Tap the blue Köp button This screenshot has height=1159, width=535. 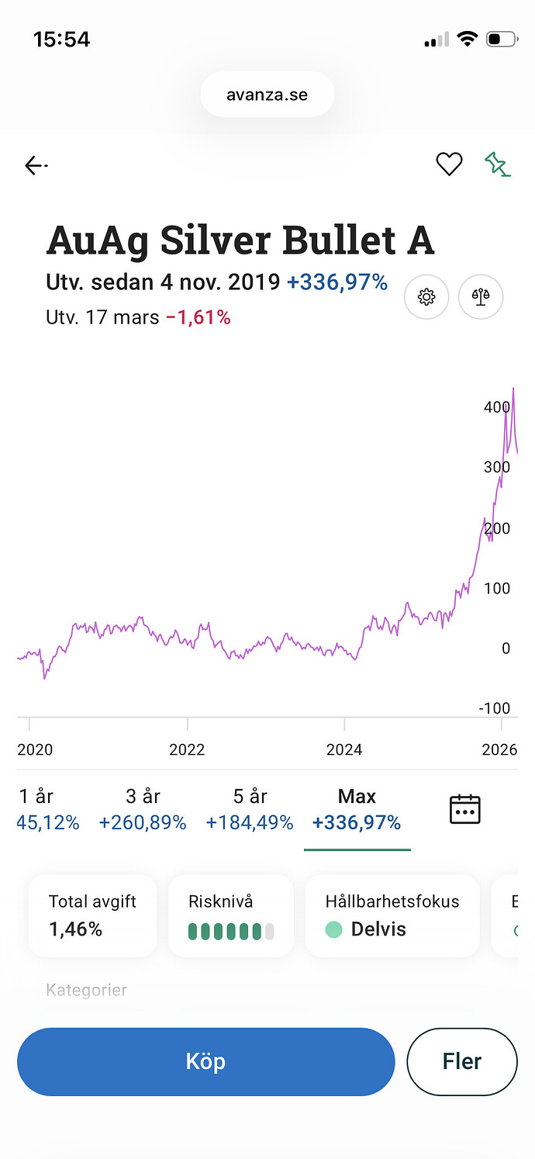coord(205,1061)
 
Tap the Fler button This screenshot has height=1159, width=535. coord(461,1061)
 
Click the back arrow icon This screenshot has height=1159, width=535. coord(36,165)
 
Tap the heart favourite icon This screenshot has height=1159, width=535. coord(449,164)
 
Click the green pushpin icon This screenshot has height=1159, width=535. coord(497,164)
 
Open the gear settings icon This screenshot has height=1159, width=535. coord(426,297)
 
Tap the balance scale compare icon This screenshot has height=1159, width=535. coord(481,297)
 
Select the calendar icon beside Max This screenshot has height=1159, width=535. coord(465,809)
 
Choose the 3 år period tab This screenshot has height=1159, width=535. coord(143,809)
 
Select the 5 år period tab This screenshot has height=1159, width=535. coord(250,809)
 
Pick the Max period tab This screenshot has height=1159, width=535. coord(357,809)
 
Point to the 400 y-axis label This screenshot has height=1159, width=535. coord(497,407)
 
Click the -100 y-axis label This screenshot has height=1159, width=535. coord(494,708)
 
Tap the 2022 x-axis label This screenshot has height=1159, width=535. coord(187,749)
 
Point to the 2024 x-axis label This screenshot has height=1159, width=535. coord(344,749)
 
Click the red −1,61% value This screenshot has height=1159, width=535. coord(198,317)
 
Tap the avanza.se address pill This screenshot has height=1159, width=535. coord(267,95)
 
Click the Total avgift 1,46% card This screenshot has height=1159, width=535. coord(92,915)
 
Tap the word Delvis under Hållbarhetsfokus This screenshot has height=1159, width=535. coord(378,929)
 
